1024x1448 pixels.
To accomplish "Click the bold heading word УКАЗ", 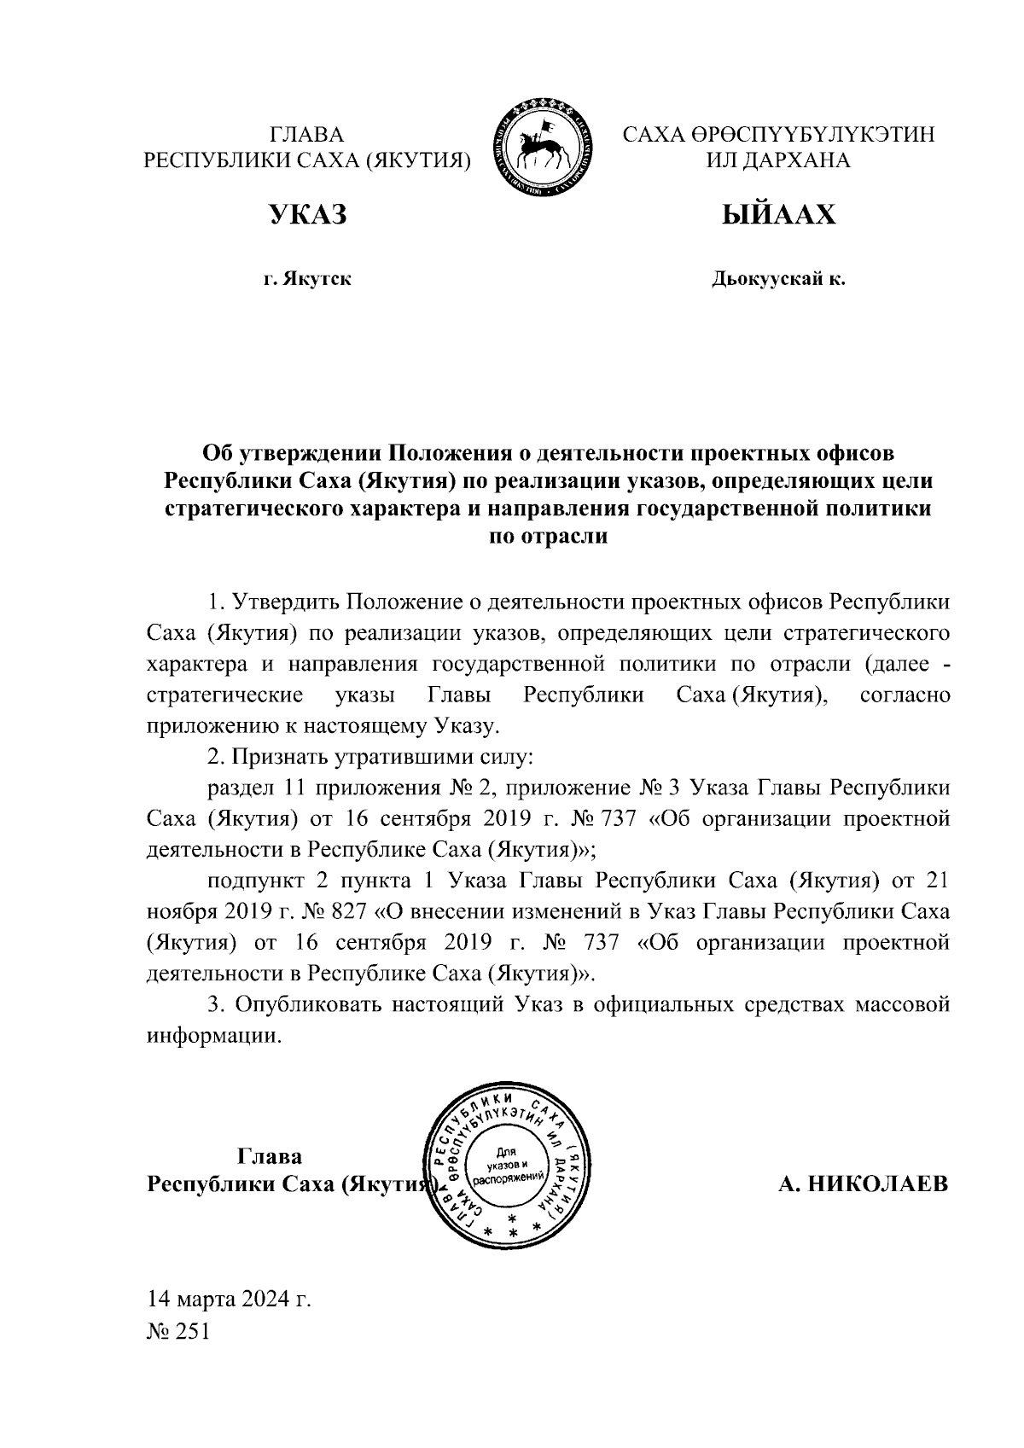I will point(308,215).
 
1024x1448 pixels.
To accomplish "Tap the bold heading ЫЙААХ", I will point(778,215).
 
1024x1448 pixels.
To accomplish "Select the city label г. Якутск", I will point(307,279).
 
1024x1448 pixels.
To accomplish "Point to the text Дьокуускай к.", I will point(778,279).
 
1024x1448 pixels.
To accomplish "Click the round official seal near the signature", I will point(512,1166).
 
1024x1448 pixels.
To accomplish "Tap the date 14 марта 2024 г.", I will point(228,1300).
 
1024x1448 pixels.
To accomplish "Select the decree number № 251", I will point(178,1332).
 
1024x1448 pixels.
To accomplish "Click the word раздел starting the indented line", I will point(236,788).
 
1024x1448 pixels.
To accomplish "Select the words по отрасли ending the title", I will point(547,538).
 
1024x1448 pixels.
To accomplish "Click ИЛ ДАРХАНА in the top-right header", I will point(778,160).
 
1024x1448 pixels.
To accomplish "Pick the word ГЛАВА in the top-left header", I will point(306,135).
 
